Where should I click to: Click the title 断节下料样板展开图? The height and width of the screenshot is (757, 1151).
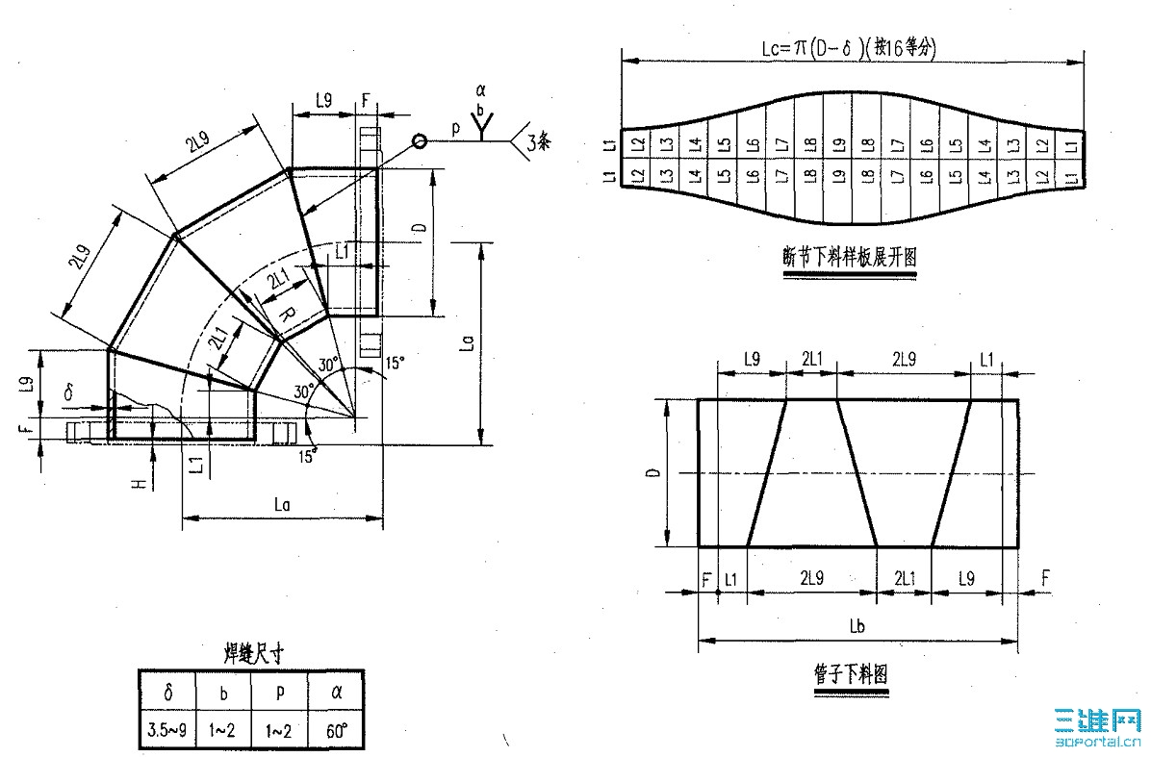849,257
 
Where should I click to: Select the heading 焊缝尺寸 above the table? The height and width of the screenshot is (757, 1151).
251,654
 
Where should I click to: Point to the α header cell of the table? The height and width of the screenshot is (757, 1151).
336,692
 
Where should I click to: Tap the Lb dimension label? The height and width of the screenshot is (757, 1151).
858,627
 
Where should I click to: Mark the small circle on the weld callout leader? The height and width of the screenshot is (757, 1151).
420,141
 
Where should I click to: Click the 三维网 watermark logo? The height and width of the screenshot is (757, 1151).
1098,727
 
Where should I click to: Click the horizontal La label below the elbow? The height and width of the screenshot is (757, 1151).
282,505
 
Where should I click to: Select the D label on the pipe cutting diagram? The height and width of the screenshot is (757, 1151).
653,473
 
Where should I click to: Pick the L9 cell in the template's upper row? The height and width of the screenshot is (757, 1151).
838,144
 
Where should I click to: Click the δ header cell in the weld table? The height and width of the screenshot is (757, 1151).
167,692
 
